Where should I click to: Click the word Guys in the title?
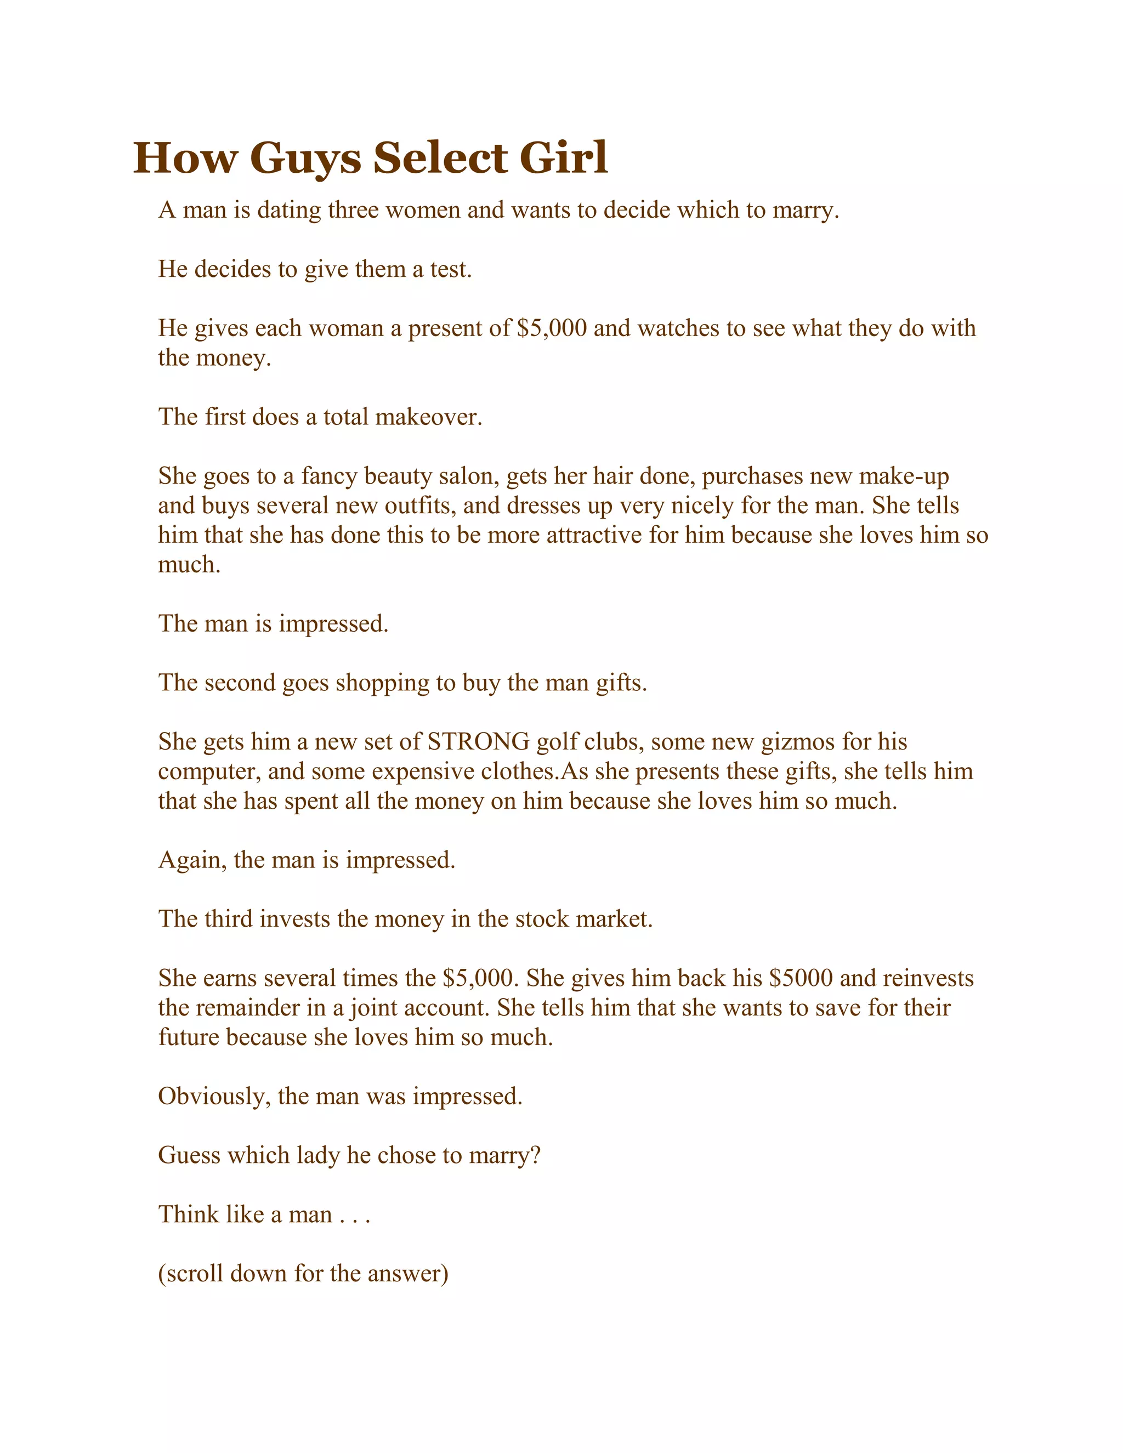coord(305,159)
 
